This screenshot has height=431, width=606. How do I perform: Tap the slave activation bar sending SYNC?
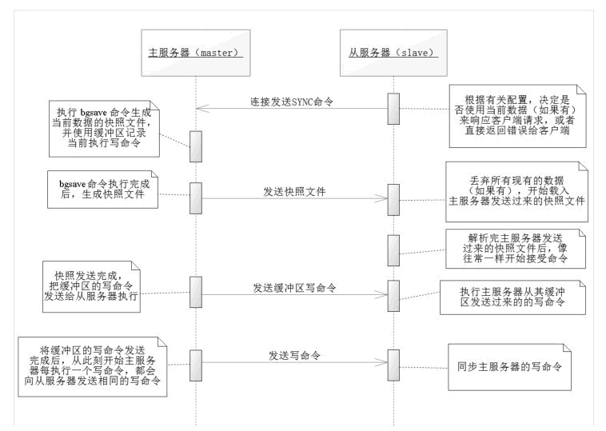(x=393, y=109)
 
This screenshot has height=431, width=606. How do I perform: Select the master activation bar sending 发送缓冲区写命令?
(x=195, y=290)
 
